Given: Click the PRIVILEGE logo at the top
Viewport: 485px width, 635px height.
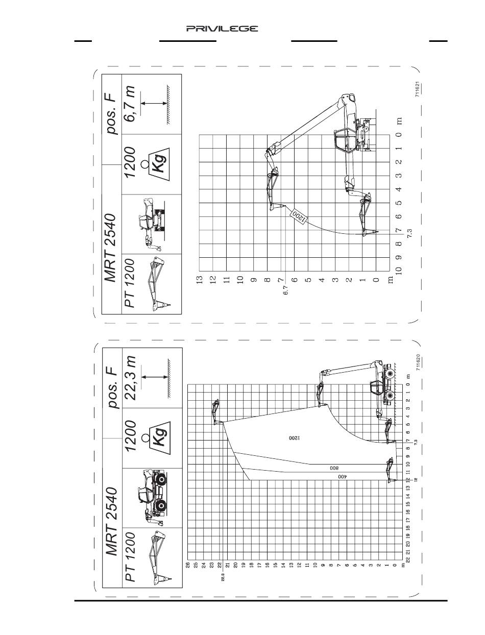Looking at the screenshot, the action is (222, 29).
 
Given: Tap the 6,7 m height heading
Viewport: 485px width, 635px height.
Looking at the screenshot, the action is (132, 104).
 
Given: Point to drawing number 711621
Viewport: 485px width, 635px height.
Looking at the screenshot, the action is (418, 90).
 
